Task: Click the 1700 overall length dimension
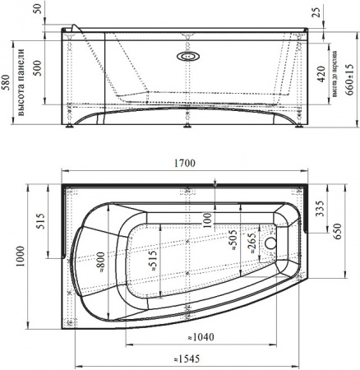pos(184,164)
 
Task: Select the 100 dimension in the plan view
pos(209,220)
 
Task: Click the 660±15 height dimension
pos(349,77)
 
